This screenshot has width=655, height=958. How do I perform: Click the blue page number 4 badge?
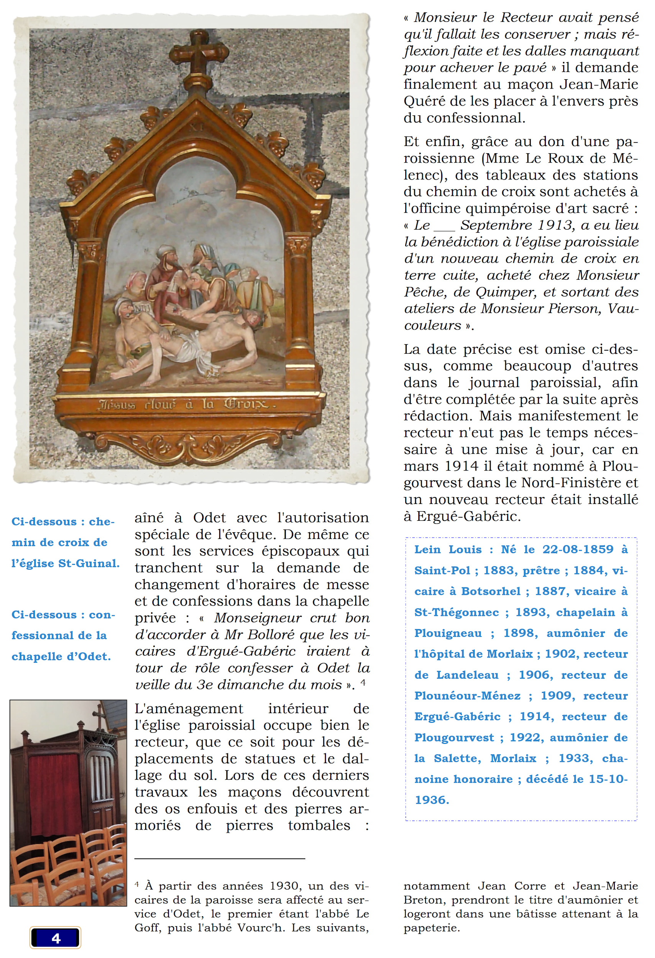coord(56,938)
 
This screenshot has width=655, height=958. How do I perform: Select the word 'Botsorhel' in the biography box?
coord(491,592)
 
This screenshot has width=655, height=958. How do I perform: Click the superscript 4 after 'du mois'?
coord(363,682)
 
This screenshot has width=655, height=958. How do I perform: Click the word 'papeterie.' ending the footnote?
coord(432,928)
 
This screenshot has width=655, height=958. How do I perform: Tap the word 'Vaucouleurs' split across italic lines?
coord(622,309)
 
